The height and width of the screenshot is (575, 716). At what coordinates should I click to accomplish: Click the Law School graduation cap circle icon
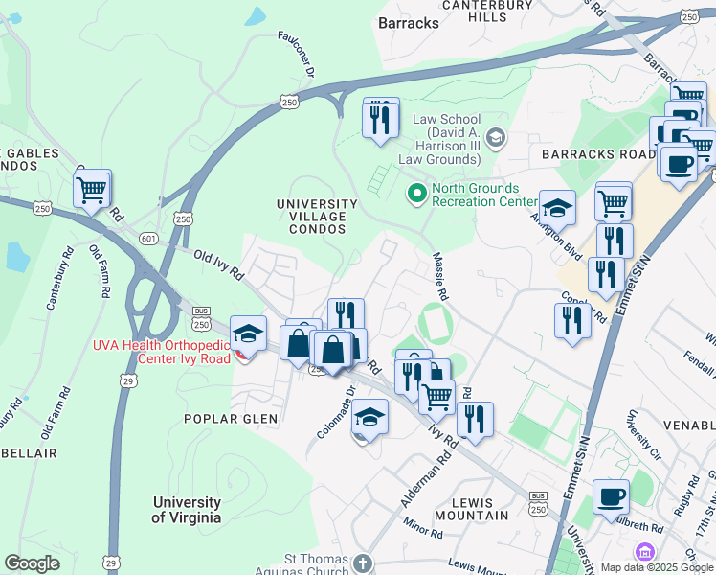[495, 138]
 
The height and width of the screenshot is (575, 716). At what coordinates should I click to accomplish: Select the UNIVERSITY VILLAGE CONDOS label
[317, 217]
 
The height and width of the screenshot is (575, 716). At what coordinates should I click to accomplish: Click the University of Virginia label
[187, 510]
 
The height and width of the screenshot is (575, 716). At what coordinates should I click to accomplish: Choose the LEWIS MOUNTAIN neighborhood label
[470, 509]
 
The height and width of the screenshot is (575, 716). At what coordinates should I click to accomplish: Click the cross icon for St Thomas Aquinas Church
[361, 562]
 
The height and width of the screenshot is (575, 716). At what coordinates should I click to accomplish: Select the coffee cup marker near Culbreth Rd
[611, 497]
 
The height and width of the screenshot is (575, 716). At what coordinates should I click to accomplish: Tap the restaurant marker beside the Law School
[380, 118]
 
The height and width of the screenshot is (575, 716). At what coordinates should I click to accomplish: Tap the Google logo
[33, 563]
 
